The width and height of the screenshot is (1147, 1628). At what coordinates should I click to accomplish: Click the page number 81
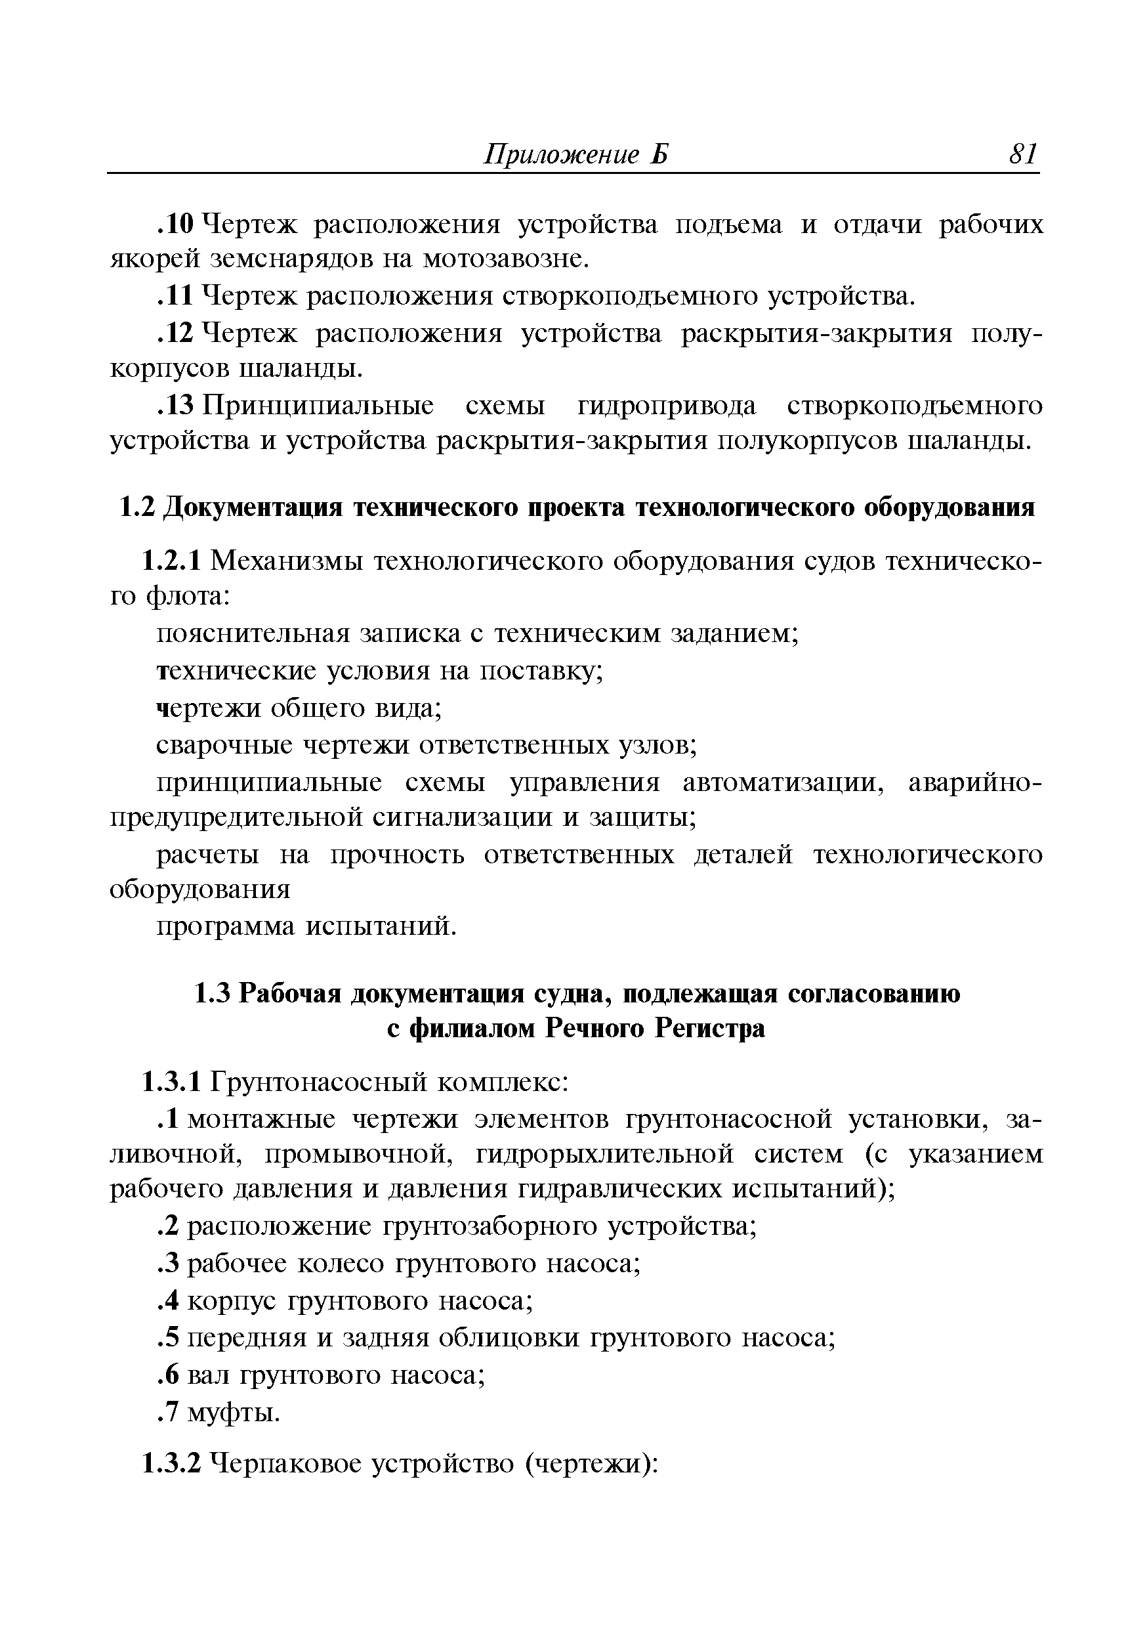(x=1022, y=154)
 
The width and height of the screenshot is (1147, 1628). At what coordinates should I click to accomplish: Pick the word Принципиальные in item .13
(x=319, y=406)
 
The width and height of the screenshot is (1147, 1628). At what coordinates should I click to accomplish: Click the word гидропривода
(x=667, y=406)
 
